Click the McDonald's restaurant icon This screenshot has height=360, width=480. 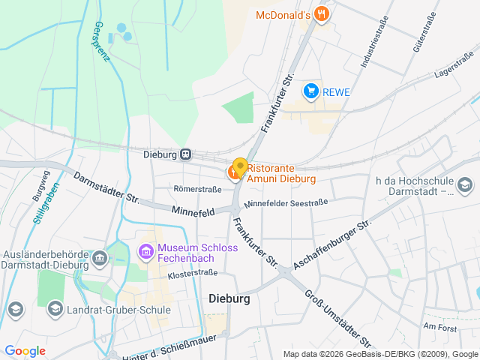pyautogui.click(x=322, y=13)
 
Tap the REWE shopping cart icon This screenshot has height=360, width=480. pyautogui.click(x=310, y=91)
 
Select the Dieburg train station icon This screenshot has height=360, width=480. pyautogui.click(x=185, y=154)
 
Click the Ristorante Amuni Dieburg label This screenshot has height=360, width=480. pyautogui.click(x=281, y=173)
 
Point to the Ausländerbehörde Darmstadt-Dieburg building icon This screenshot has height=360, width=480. pyautogui.click(x=100, y=259)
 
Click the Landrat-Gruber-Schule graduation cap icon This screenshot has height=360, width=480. pyautogui.click(x=55, y=308)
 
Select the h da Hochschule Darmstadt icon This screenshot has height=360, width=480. pyautogui.click(x=464, y=184)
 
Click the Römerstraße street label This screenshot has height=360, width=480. pyautogui.click(x=198, y=189)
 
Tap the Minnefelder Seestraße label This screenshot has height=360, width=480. pyautogui.click(x=286, y=202)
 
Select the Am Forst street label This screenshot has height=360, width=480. pyautogui.click(x=439, y=326)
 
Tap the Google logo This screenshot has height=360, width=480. pyautogui.click(x=25, y=350)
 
